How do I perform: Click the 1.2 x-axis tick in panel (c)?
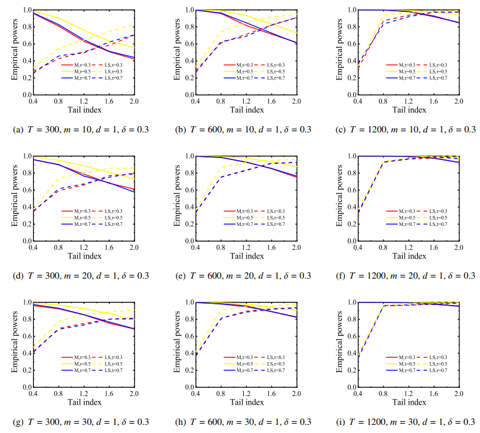[408, 101]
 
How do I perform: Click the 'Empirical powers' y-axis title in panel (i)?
[340, 344]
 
